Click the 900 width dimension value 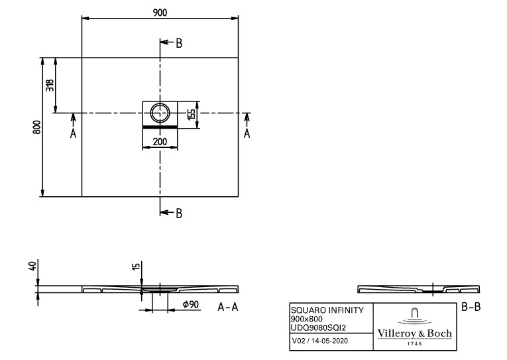pos(160,13)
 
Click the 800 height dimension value pos(37,127)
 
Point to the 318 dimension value pos(50,85)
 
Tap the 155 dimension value pos(192,114)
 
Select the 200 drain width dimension pos(160,141)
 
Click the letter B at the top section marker pos(179,43)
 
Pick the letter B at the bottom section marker pos(179,213)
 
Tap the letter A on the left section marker pos(74,133)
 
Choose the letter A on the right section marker pos(247,133)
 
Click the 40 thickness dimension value pos(32,267)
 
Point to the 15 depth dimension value pos(136,267)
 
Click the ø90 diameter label pos(190,304)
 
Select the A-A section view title pos(228,307)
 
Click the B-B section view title pos(471,307)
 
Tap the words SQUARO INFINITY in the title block pos(327,310)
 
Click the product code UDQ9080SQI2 pos(319,328)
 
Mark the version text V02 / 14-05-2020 pos(320,341)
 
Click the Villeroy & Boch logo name pos(414,333)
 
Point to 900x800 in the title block pos(307,319)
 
